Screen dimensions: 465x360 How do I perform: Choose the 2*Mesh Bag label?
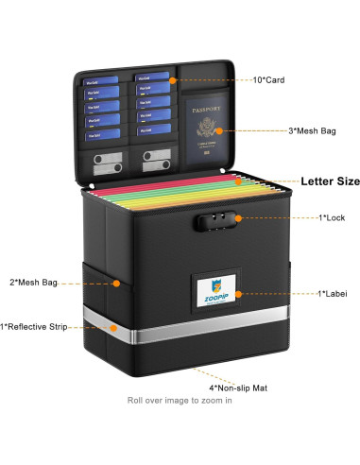tap(34, 282)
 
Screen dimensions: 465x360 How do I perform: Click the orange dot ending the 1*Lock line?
tap(237, 218)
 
